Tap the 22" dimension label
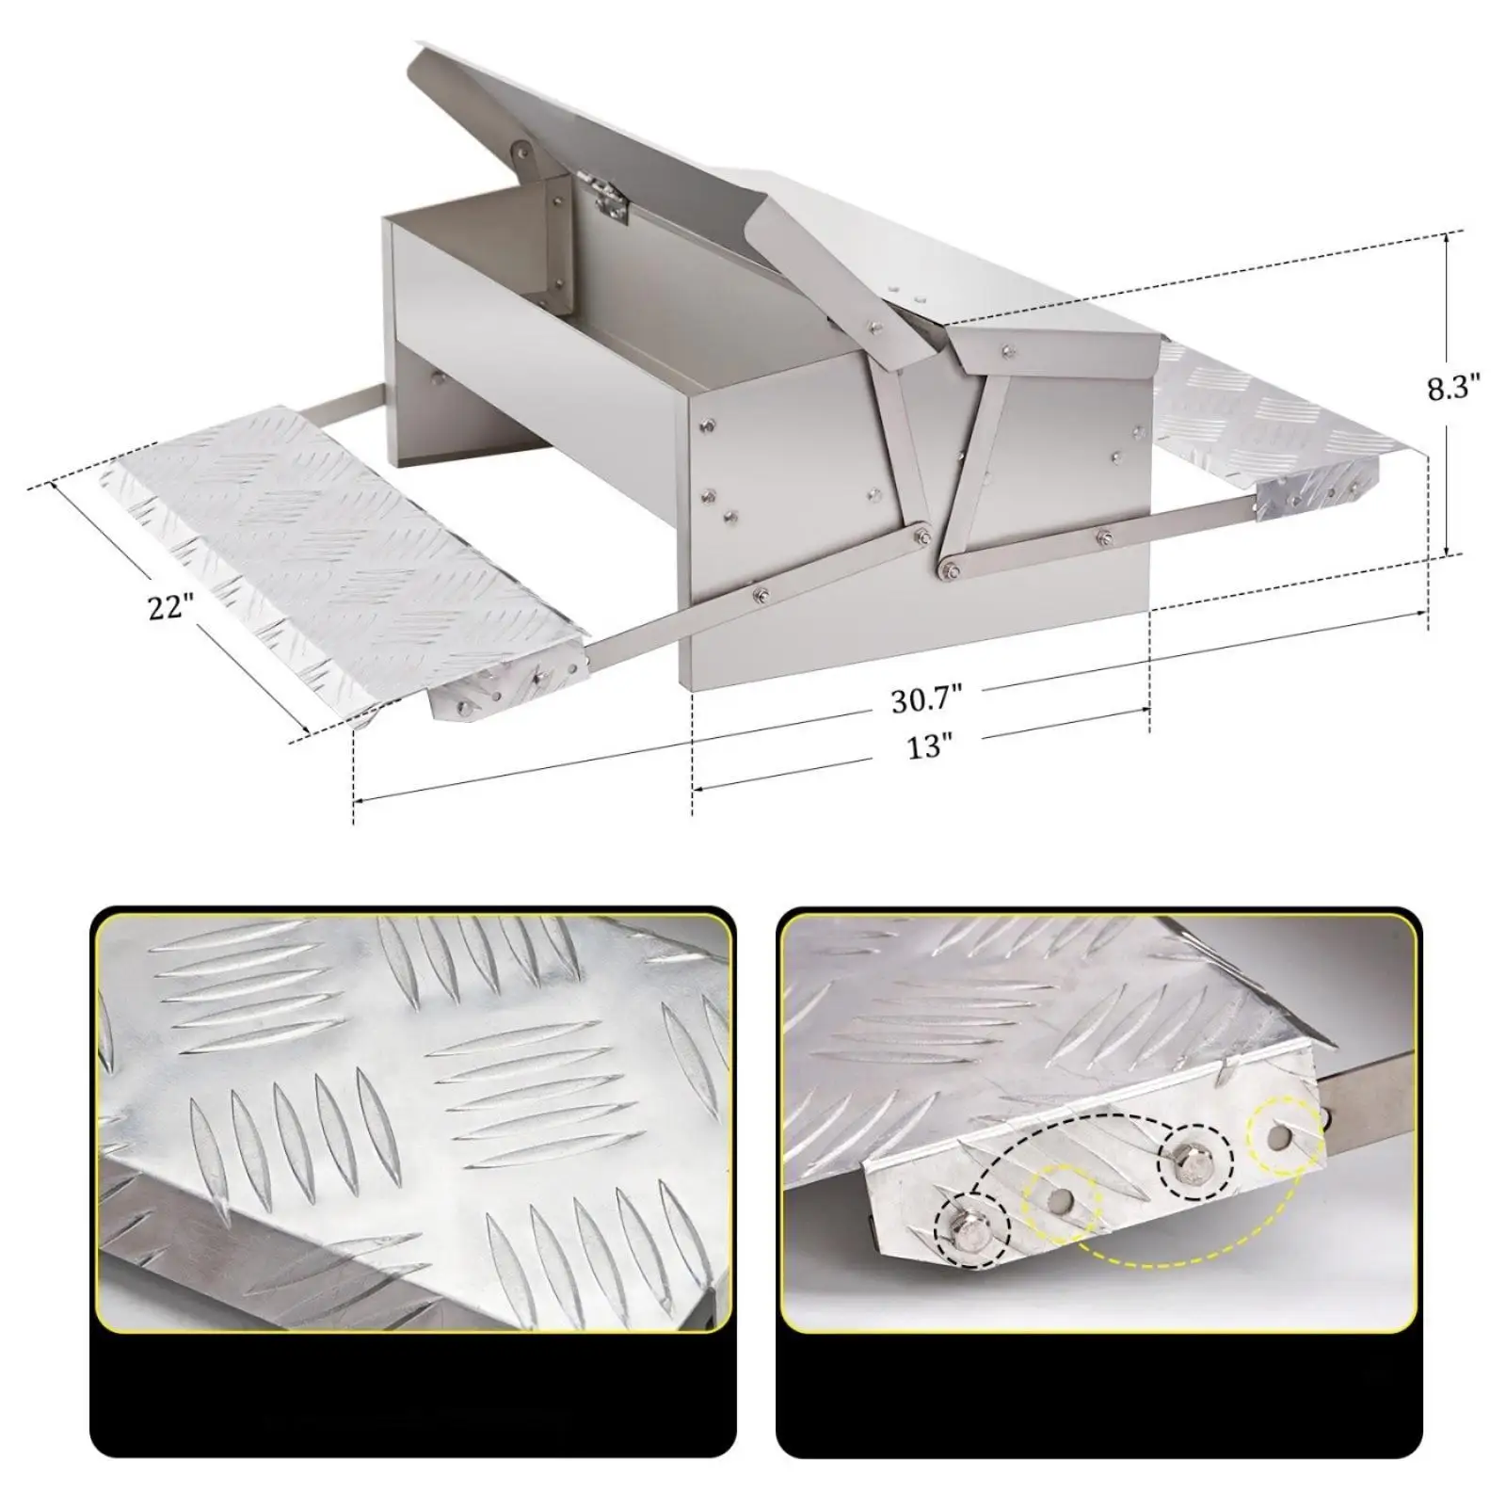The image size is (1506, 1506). click(170, 607)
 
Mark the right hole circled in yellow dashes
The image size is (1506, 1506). click(1281, 1137)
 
